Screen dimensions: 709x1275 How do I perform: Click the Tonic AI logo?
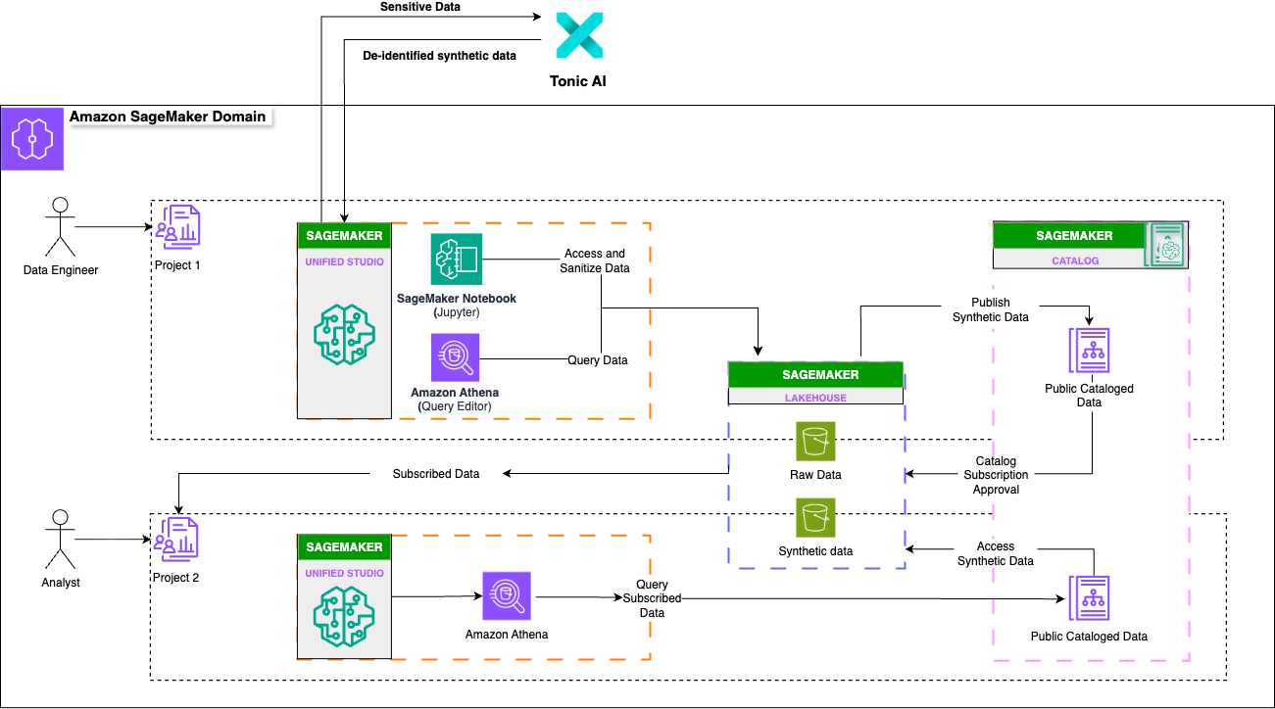click(x=579, y=36)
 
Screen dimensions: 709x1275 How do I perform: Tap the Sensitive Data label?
click(x=419, y=7)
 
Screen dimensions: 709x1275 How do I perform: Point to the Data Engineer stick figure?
click(x=60, y=226)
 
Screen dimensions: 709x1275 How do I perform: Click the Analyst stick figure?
click(x=60, y=538)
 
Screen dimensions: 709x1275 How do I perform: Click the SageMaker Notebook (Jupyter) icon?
click(x=456, y=260)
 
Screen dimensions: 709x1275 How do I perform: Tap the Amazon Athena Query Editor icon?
click(x=455, y=357)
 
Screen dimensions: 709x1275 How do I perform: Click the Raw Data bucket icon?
click(x=815, y=442)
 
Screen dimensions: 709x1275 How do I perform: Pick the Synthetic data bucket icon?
click(x=815, y=517)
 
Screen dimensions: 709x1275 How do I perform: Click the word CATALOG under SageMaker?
click(x=1066, y=260)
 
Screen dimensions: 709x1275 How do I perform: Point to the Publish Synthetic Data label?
click(x=990, y=309)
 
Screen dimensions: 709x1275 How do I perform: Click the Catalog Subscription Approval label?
click(x=996, y=475)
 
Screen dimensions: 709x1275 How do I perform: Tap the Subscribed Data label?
click(x=436, y=474)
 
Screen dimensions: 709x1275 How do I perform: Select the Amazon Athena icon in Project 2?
click(x=506, y=596)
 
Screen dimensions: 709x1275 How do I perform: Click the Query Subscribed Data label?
click(x=652, y=598)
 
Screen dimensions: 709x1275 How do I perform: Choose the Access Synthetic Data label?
click(x=996, y=553)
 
